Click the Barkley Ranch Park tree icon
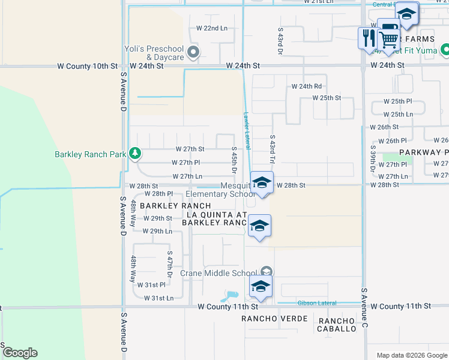pyautogui.click(x=135, y=154)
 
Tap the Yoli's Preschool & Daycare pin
pyautogui.click(x=193, y=53)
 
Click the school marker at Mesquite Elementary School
pyautogui.click(x=261, y=183)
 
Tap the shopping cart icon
pyautogui.click(x=390, y=40)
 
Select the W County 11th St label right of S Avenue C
pyautogui.click(x=401, y=306)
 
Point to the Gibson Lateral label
pyautogui.click(x=317, y=303)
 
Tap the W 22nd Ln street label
pyautogui.click(x=212, y=28)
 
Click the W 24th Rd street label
pyautogui.click(x=307, y=86)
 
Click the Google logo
pyautogui.click(x=19, y=353)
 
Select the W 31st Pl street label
pyautogui.click(x=151, y=284)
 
